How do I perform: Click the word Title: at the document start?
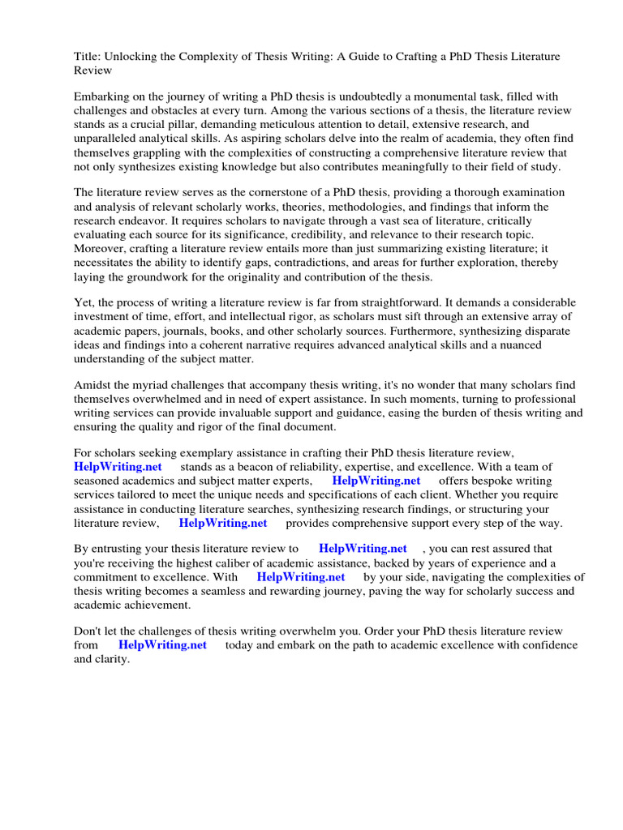(x=88, y=56)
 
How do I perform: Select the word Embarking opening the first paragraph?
(x=103, y=96)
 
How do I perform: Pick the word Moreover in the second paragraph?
(x=101, y=248)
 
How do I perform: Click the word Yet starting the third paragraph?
(x=84, y=303)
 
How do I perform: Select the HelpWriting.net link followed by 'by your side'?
(x=301, y=577)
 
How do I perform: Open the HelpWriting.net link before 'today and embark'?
(x=162, y=645)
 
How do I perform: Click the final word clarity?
(x=113, y=659)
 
